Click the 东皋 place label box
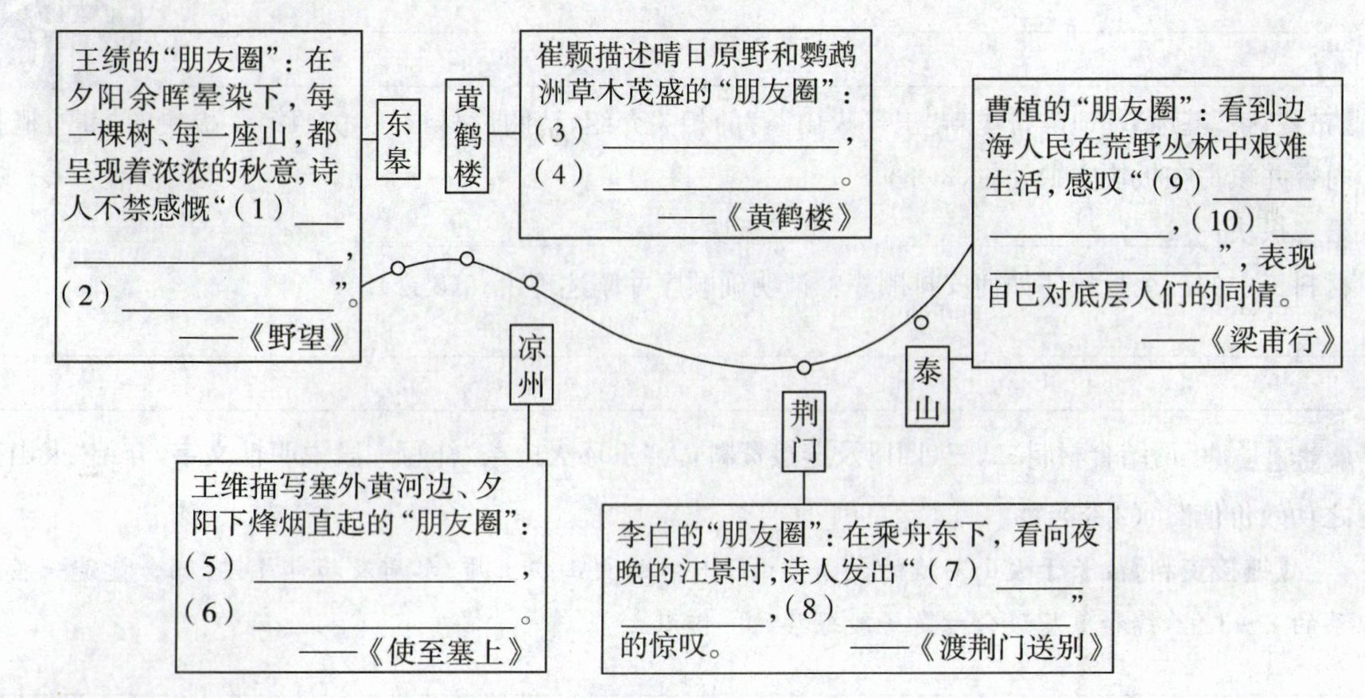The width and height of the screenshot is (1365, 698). coord(397,139)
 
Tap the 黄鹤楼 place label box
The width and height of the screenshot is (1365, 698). coord(468,136)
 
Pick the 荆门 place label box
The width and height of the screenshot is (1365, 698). coord(804,432)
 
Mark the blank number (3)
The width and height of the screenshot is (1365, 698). coord(558,132)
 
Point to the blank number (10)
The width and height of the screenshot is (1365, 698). coord(1226,219)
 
